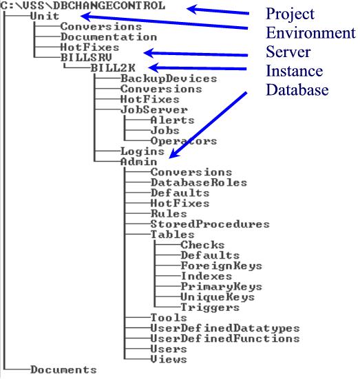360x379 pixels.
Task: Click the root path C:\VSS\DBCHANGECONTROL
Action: tap(83, 6)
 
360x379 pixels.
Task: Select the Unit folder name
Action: tap(45, 17)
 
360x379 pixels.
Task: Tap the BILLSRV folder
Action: tap(86, 58)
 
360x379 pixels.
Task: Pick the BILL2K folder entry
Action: tap(113, 68)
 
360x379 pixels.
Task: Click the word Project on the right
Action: tap(290, 14)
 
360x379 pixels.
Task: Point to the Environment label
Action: tap(310, 32)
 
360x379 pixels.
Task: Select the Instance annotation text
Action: tap(295, 71)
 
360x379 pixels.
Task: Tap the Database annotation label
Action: tap(297, 89)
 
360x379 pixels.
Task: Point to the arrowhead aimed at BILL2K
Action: tap(153, 67)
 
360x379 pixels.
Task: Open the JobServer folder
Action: tap(154, 110)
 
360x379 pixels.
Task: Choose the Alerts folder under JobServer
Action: tap(172, 120)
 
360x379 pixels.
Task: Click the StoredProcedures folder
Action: tap(210, 224)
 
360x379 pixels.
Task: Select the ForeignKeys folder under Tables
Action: tap(222, 266)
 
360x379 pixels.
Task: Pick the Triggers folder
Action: tap(210, 307)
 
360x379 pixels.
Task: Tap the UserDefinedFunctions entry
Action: tap(225, 338)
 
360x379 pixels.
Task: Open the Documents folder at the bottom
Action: tap(63, 370)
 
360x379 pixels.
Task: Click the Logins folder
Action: tap(142, 151)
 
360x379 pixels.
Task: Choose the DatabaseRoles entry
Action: tap(199, 182)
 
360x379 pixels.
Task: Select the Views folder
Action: tap(169, 359)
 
